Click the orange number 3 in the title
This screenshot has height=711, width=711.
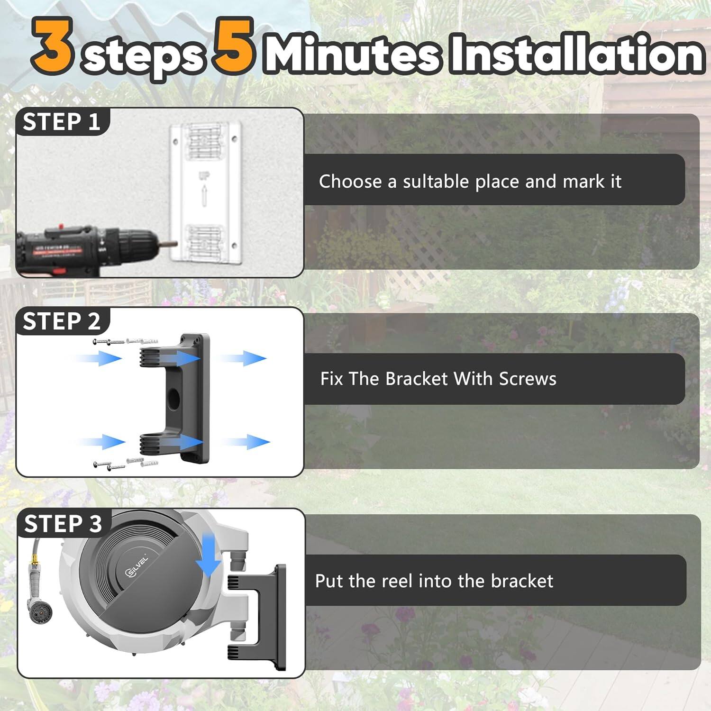click(x=53, y=46)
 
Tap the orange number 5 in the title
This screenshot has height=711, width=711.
click(x=233, y=46)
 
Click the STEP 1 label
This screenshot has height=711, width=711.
click(x=62, y=122)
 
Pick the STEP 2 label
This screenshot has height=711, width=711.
click(x=62, y=321)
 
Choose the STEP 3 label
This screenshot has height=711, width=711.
click(x=63, y=524)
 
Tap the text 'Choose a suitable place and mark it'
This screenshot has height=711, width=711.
click(x=470, y=182)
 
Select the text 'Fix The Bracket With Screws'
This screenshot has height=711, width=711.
click(x=438, y=379)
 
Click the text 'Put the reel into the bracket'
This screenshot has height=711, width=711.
click(x=434, y=581)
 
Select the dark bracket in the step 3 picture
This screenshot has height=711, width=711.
click(x=265, y=616)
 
